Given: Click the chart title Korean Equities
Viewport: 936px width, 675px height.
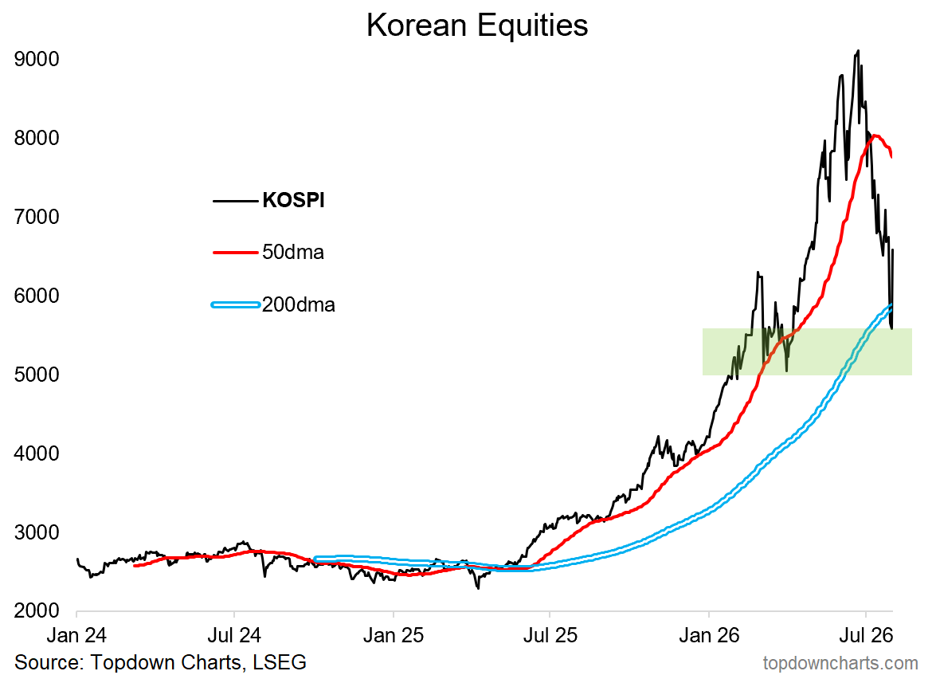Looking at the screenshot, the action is tap(477, 26).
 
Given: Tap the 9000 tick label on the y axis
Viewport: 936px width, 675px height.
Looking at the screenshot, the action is tap(37, 59).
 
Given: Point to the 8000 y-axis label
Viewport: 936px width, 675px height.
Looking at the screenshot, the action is tap(37, 138).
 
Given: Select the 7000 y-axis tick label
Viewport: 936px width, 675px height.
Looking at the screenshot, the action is tap(37, 217).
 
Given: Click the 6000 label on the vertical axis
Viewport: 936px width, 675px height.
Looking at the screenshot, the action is tap(37, 296).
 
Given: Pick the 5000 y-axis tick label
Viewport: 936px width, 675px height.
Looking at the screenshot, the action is tap(37, 375).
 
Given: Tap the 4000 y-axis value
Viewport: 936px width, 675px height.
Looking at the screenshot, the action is tap(37, 453).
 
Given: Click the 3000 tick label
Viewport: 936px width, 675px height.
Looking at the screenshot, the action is tap(37, 532).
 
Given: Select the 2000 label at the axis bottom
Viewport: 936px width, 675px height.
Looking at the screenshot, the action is tap(37, 611).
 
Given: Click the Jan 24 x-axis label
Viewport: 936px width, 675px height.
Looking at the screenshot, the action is tap(76, 635).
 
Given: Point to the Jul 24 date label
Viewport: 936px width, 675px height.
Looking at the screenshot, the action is tap(234, 635).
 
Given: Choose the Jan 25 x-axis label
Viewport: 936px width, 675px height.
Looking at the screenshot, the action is tap(394, 635).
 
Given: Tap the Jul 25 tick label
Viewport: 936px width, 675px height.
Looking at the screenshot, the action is tap(550, 635).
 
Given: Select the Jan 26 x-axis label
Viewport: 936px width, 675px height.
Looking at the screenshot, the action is tap(709, 635).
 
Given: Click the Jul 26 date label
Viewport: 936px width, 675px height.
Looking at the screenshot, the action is tap(866, 635).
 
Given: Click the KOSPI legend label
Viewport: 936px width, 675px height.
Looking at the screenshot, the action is tap(294, 200).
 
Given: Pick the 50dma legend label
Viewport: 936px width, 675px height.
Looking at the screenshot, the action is tap(293, 252).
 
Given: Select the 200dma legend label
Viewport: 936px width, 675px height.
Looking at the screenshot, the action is tap(299, 304).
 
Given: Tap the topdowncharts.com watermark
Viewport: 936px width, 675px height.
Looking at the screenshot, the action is tap(840, 663).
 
